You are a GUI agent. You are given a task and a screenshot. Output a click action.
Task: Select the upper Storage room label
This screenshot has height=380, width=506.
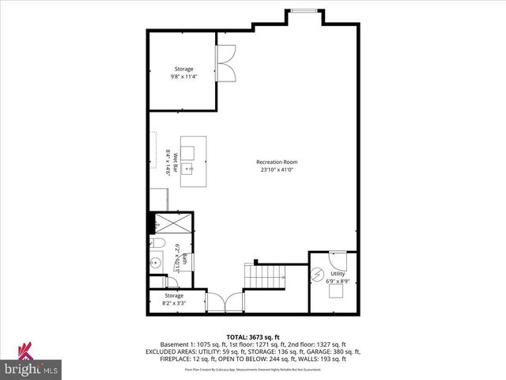tap(183, 69)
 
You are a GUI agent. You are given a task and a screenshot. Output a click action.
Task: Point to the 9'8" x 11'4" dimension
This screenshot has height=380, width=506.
tap(183, 77)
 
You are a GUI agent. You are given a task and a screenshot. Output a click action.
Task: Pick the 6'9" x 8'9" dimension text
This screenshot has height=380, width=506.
tap(337, 280)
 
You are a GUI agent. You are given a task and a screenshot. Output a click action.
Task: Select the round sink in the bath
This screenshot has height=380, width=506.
tap(157, 262)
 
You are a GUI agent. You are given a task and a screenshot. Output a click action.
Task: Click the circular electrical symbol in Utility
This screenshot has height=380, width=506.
tap(318, 275)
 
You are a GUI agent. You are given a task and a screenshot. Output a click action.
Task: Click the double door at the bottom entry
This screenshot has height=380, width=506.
tap(226, 302)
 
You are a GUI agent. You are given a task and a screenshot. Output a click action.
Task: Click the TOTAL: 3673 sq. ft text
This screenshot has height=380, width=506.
tap(252, 337)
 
